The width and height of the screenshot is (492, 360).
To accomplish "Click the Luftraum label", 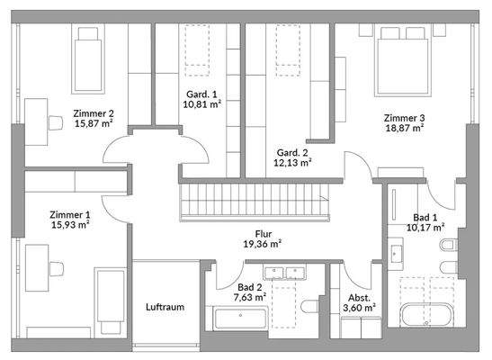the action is (x=165, y=307).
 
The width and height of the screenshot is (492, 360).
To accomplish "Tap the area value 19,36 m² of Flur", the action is (x=263, y=244).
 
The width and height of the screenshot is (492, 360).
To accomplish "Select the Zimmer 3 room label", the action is (x=405, y=118).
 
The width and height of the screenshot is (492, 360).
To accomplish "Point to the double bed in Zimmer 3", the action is (x=403, y=61).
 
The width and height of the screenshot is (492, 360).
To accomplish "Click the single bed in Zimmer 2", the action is (x=88, y=59).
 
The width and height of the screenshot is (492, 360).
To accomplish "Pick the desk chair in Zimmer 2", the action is (x=56, y=122).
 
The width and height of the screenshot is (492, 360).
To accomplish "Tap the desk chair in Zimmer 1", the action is (x=57, y=269).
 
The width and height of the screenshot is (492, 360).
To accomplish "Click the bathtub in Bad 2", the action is (x=240, y=319).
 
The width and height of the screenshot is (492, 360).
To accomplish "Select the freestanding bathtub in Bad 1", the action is (x=426, y=314).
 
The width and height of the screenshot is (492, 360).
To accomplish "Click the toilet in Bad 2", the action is (x=310, y=306).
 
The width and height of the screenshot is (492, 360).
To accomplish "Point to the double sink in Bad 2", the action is (x=285, y=273).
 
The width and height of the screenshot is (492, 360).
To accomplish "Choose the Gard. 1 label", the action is (x=201, y=94).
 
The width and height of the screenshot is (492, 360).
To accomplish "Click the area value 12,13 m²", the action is (x=292, y=163).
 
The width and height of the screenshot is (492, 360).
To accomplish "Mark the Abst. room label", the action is (x=359, y=298).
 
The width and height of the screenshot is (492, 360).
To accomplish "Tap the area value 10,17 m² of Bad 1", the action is (x=425, y=227).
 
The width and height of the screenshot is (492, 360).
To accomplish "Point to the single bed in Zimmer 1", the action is (x=110, y=301).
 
